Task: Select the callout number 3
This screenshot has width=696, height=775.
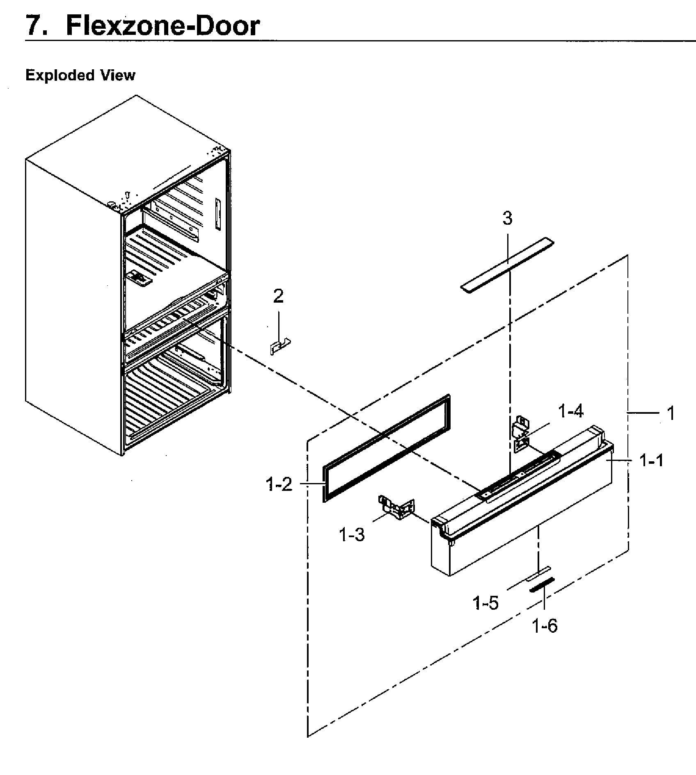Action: coord(508,219)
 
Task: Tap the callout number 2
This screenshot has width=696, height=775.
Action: coord(278,296)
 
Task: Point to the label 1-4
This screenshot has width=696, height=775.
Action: coord(571,411)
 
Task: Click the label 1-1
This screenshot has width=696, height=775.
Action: coord(652,461)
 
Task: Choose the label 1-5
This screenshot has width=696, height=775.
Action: coord(485,603)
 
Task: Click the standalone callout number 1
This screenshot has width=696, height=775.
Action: coord(671,413)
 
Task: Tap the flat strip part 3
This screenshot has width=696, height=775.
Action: coord(507,264)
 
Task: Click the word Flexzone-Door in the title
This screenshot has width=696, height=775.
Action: coord(163,25)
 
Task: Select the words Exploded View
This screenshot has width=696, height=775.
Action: coord(80,75)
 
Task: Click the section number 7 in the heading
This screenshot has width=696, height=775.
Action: coord(35,25)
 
